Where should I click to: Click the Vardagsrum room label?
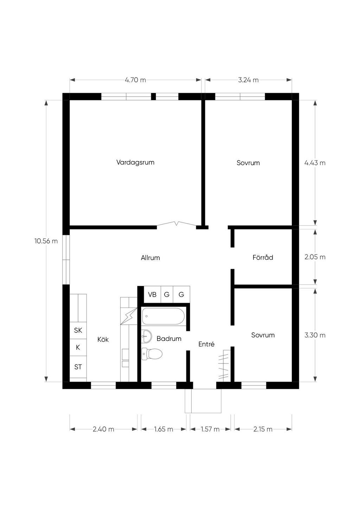pos(135,162)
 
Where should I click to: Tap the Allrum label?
pos(150,258)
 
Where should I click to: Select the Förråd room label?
pos(263,257)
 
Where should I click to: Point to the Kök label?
pos(103,339)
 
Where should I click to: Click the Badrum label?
pos(169,339)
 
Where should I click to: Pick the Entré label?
pos(206,344)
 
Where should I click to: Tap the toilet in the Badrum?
pos(152,354)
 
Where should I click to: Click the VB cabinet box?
pos(152,295)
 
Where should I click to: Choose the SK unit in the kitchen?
pos(78,330)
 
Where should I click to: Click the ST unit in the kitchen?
pos(78,367)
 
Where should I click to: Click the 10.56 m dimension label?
pos(46,241)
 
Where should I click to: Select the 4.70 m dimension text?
pos(135,80)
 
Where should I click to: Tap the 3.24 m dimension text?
pos(249,80)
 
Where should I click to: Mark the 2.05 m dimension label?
pos(315,257)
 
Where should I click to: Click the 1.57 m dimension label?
pos(210,429)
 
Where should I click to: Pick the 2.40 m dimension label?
pos(103,429)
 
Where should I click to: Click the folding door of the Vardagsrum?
pos(176,224)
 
